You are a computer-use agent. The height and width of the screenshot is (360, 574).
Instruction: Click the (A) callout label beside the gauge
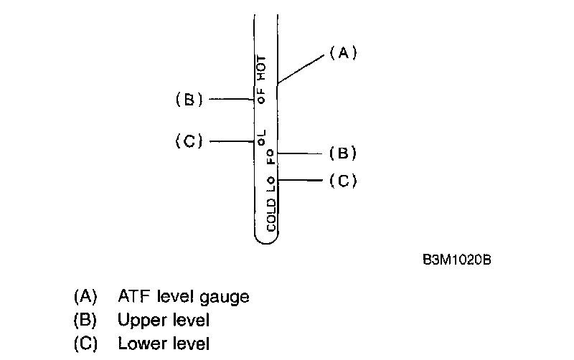coord(343,53)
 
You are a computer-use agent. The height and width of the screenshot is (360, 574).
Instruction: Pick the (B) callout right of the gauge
coord(343,153)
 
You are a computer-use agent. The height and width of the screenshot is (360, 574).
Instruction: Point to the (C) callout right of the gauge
coord(343,181)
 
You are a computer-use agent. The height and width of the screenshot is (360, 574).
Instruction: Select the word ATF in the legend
coord(133,296)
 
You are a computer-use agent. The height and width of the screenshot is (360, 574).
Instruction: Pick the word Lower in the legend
coord(139,343)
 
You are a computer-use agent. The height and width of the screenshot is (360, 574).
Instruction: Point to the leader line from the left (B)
coord(228,100)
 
